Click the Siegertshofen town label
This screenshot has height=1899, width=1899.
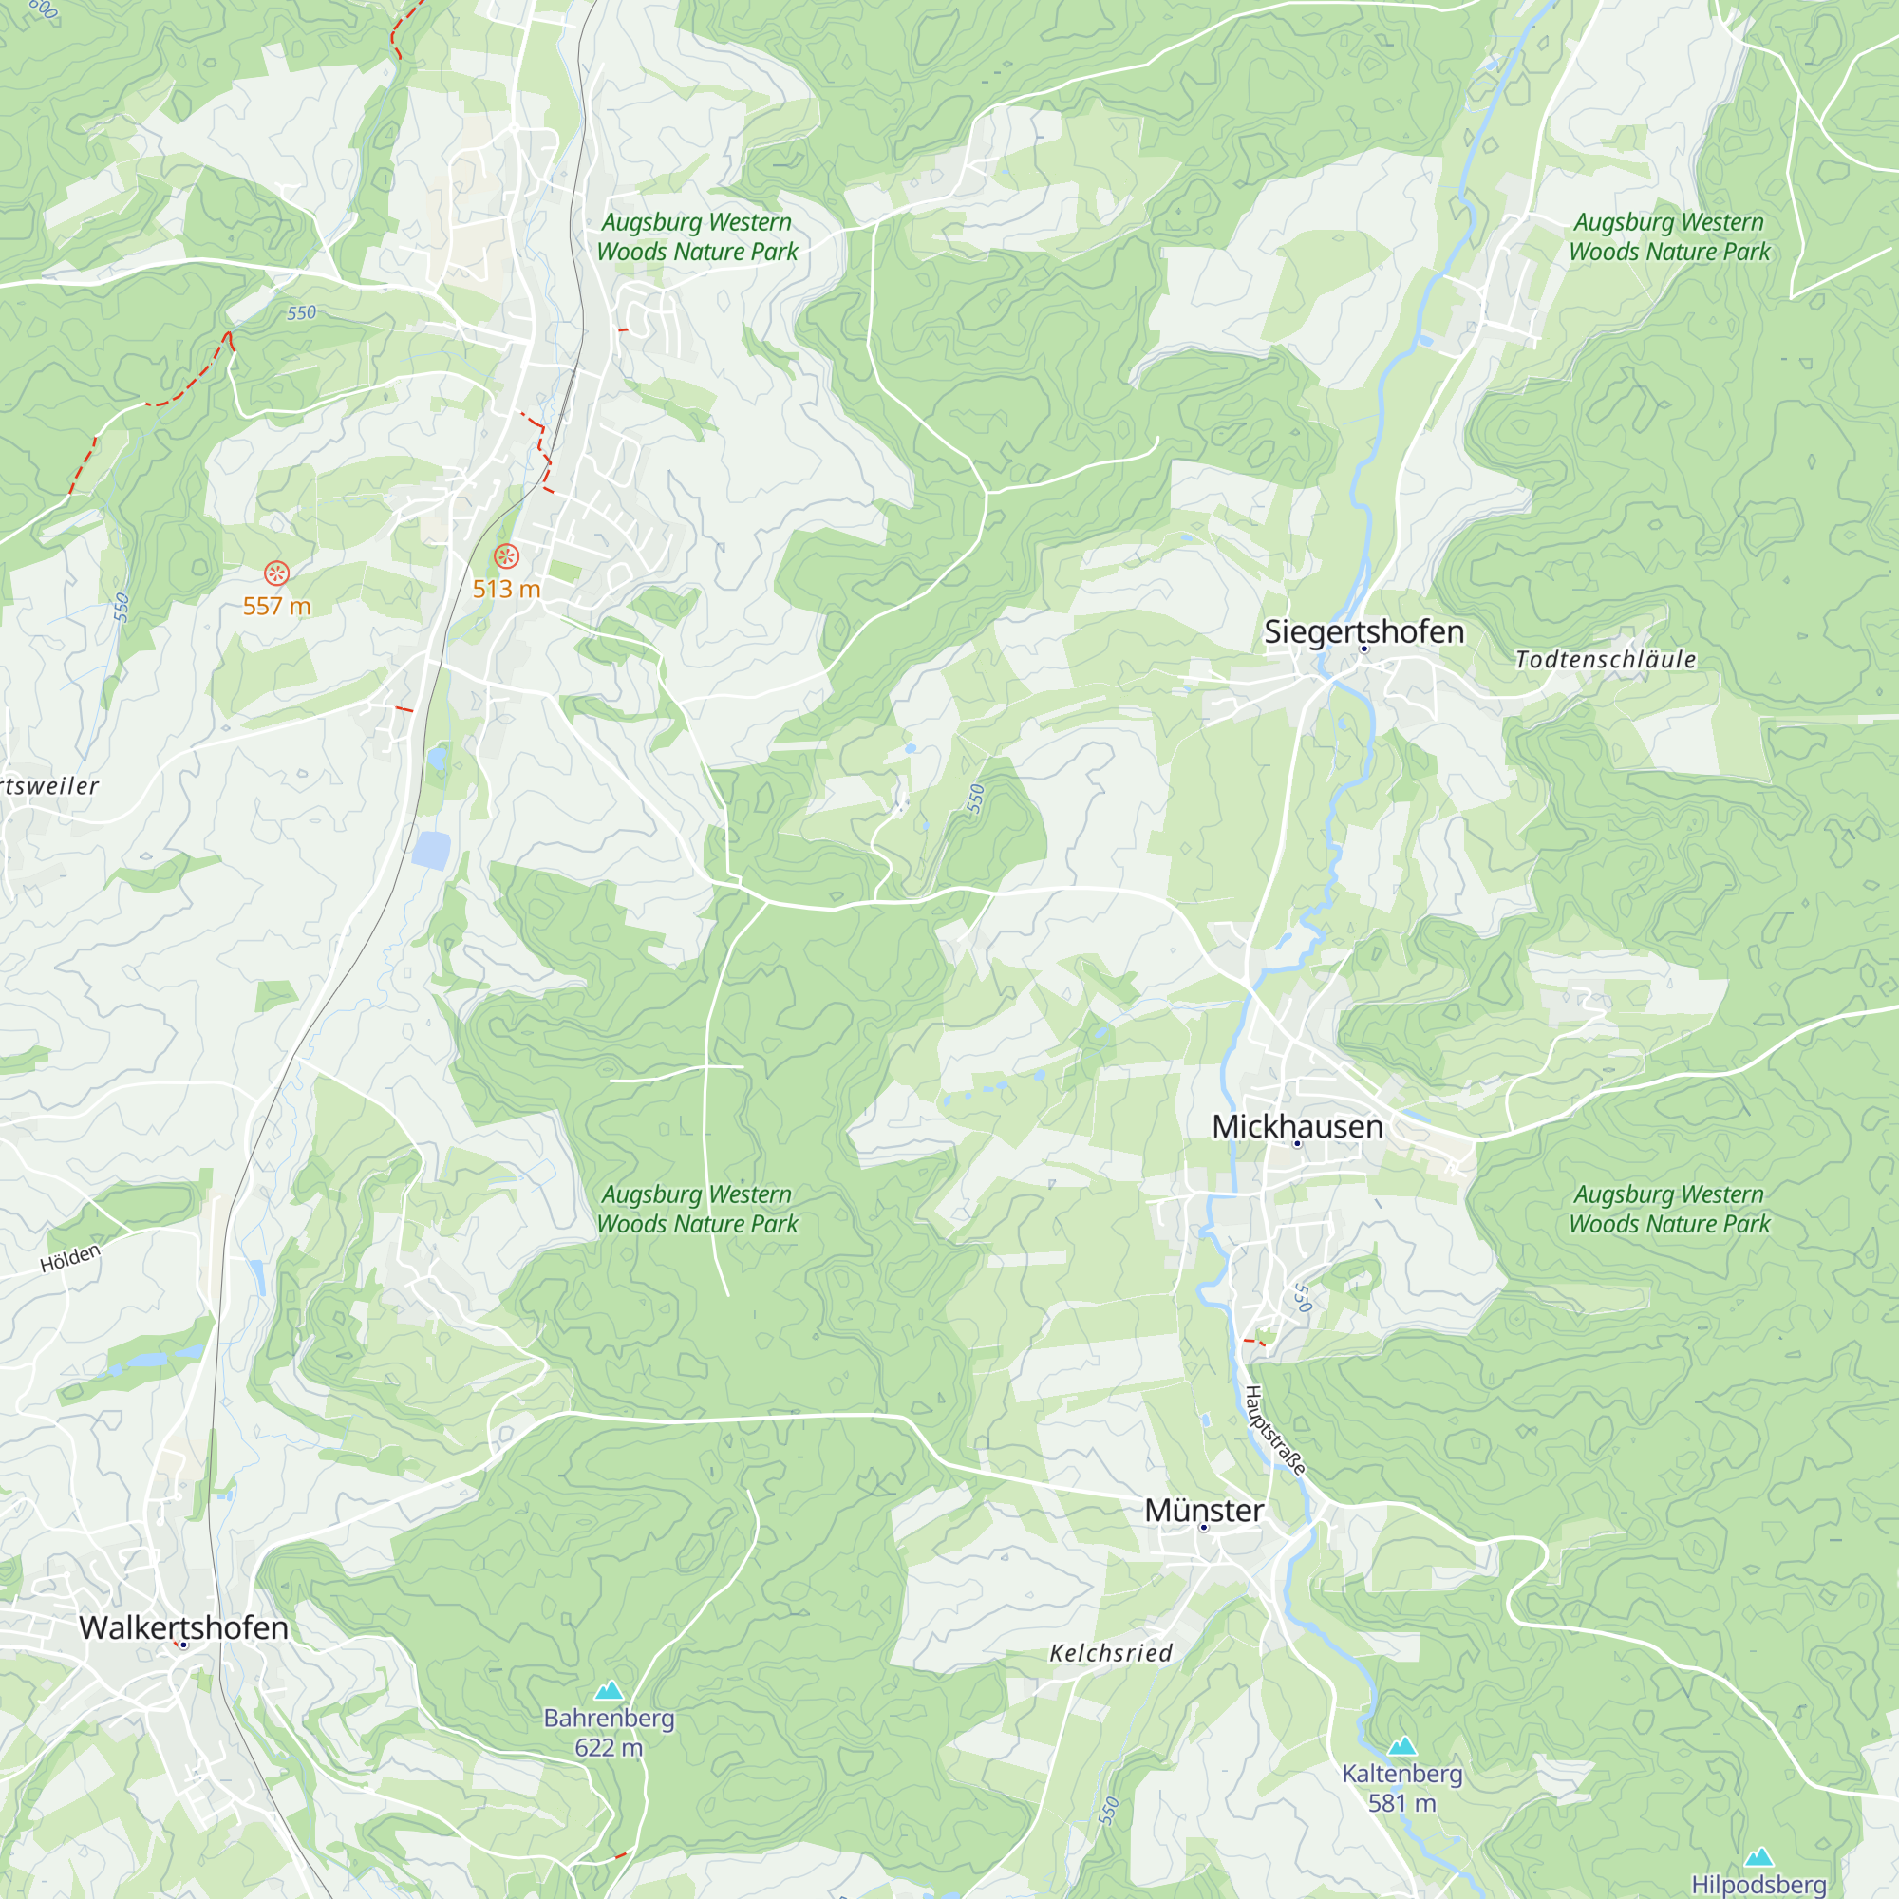point(1363,631)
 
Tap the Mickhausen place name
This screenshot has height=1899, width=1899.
point(1296,1126)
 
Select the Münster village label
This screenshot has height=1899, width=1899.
point(1203,1510)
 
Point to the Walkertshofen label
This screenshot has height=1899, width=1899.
point(184,1626)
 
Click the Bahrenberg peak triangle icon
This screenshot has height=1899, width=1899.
point(609,1691)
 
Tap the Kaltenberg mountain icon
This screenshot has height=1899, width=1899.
point(1401,1747)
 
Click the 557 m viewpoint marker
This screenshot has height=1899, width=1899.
point(276,573)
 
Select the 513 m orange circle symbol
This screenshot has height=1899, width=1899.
point(506,556)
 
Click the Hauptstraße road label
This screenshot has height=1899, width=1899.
point(1275,1430)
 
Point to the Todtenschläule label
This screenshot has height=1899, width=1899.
point(1605,660)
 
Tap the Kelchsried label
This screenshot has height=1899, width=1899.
point(1111,1653)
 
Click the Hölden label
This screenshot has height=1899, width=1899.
point(71,1258)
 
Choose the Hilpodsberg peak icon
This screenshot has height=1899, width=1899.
point(1758,1856)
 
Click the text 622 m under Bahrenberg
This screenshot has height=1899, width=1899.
point(609,1748)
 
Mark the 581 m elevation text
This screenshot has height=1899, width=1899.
point(1401,1803)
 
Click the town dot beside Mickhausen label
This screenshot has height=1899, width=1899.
point(1296,1143)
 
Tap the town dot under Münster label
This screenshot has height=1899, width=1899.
point(1203,1528)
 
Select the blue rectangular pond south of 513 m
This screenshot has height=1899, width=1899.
point(430,849)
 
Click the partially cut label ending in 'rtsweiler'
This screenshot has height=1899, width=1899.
point(49,786)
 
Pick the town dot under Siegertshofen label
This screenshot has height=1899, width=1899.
point(1363,649)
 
